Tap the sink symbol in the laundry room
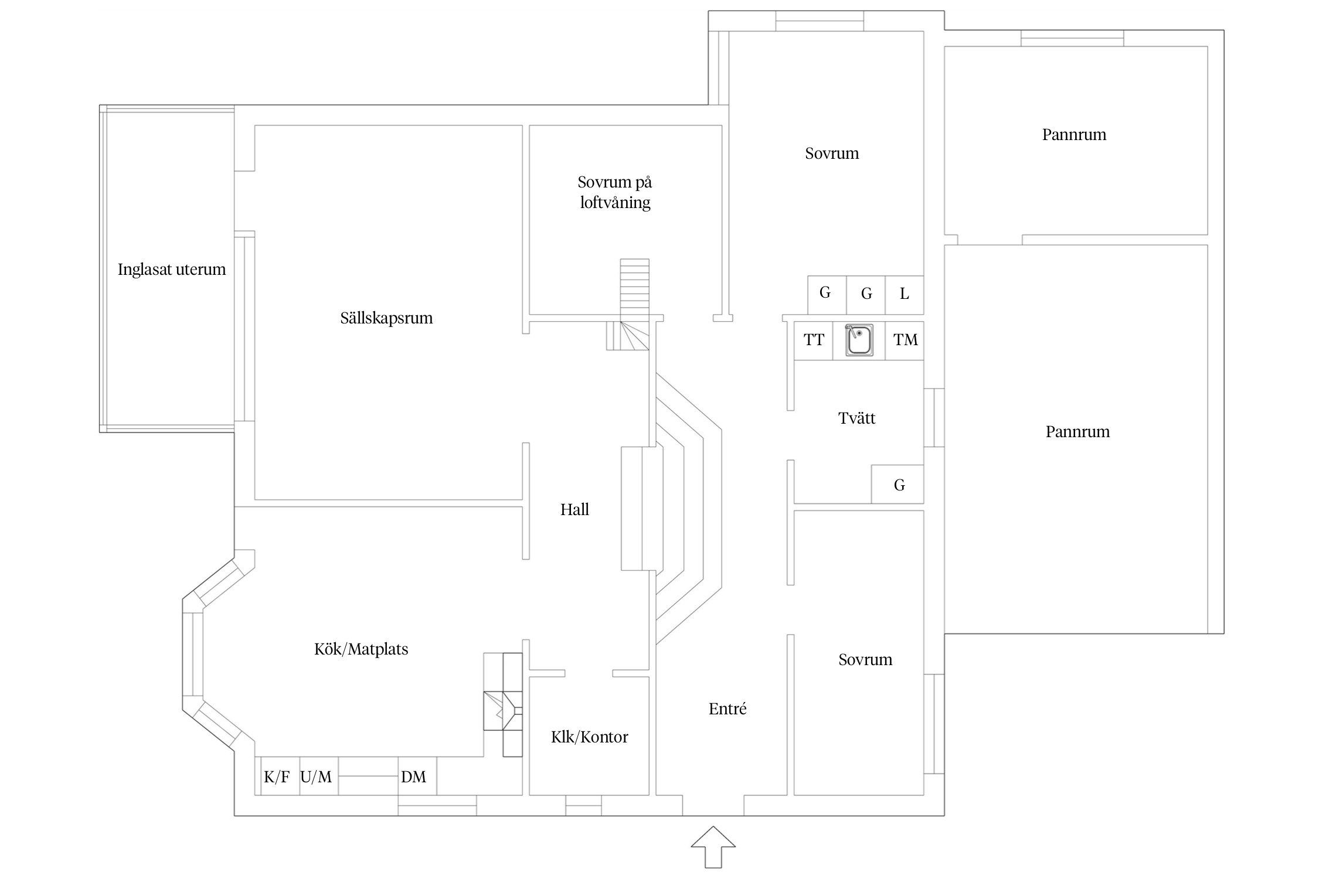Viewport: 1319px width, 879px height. (x=859, y=340)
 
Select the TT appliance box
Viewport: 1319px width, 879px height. (x=813, y=340)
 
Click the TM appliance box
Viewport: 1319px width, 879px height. (x=905, y=340)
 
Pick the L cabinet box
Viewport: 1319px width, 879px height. (x=904, y=294)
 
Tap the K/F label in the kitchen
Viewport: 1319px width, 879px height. (x=277, y=777)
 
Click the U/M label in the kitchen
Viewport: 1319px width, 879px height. (x=316, y=777)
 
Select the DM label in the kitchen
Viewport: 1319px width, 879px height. (x=413, y=777)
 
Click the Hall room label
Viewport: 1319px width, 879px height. (x=574, y=510)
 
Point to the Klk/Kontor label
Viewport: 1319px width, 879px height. (x=589, y=737)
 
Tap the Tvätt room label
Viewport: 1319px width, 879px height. (x=856, y=418)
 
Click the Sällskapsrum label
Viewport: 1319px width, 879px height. (x=386, y=318)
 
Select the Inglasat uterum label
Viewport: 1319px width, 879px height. (x=172, y=270)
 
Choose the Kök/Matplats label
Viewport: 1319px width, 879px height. (x=361, y=649)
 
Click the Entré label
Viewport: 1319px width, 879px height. (x=728, y=709)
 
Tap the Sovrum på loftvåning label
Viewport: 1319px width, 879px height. (x=615, y=192)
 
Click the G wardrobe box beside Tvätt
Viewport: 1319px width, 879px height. (x=899, y=485)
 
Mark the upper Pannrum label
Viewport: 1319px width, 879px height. (x=1074, y=135)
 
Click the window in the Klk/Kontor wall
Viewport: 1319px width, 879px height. (x=583, y=806)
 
